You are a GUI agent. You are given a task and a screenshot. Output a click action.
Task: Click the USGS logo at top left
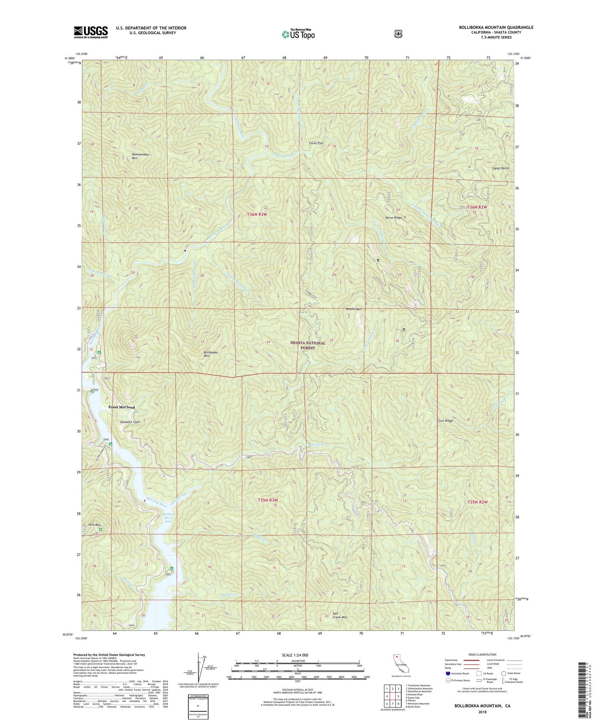[x=91, y=32]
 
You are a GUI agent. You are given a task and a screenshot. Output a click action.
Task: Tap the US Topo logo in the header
[x=298, y=34]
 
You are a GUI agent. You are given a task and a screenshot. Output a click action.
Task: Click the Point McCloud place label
[x=122, y=407]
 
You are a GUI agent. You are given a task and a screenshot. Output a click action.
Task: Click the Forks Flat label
[x=316, y=143]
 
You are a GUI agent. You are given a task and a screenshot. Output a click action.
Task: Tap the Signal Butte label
[x=500, y=168]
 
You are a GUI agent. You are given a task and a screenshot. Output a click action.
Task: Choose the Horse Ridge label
[x=393, y=218]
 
